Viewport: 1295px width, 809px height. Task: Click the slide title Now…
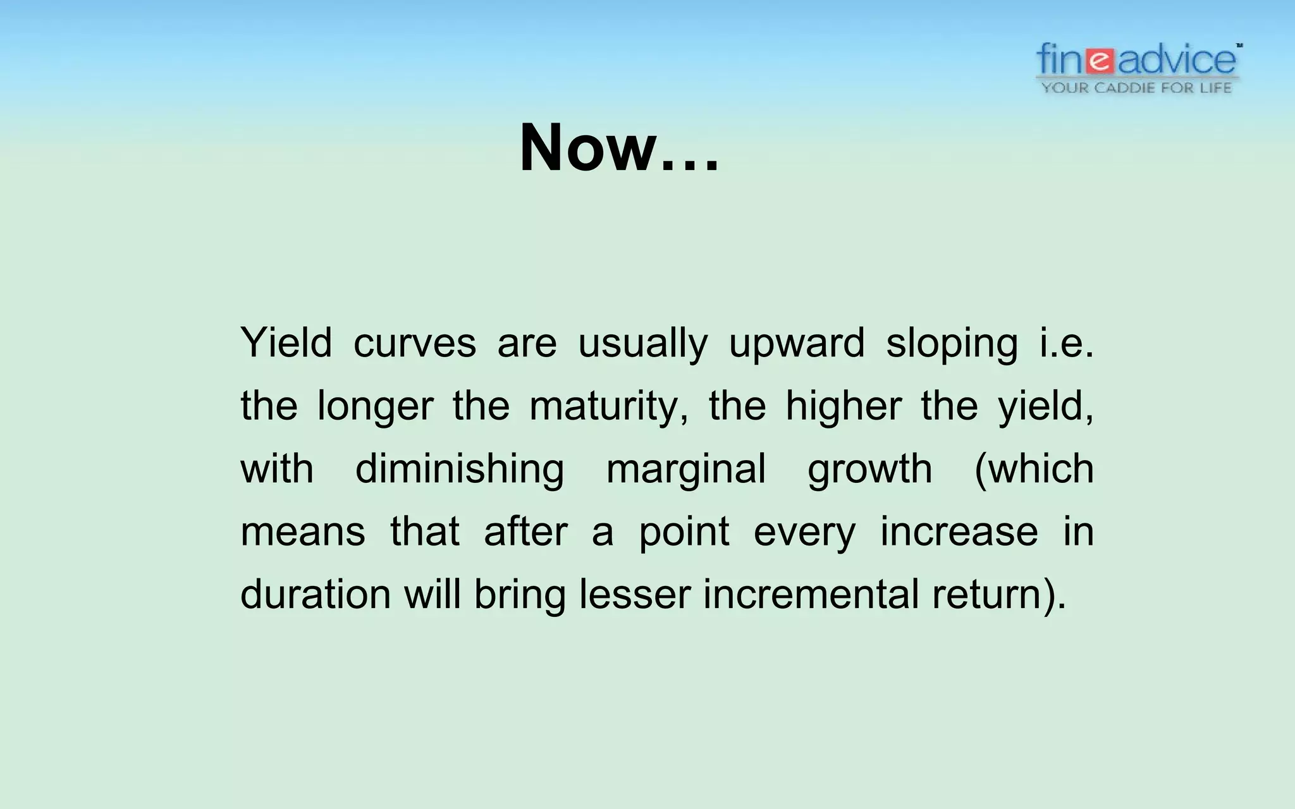click(x=619, y=148)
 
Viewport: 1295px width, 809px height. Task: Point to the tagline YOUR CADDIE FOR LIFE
click(x=1136, y=88)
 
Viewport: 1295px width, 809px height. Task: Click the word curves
click(x=415, y=343)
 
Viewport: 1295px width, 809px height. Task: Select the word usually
click(x=642, y=344)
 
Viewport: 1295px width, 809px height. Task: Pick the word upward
click(x=797, y=344)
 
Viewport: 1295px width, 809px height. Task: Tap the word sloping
click(x=952, y=344)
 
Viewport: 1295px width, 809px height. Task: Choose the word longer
click(x=375, y=406)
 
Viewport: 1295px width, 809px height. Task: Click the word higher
click(x=843, y=406)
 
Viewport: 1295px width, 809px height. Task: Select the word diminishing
click(x=459, y=470)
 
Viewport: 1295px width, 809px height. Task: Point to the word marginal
click(x=686, y=470)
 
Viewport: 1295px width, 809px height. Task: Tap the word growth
click(x=869, y=470)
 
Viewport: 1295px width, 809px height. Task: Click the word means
click(x=303, y=532)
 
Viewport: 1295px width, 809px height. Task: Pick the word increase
click(x=959, y=532)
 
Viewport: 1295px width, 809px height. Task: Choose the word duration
click(x=316, y=594)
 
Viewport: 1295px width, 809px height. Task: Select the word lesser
click(x=634, y=594)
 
